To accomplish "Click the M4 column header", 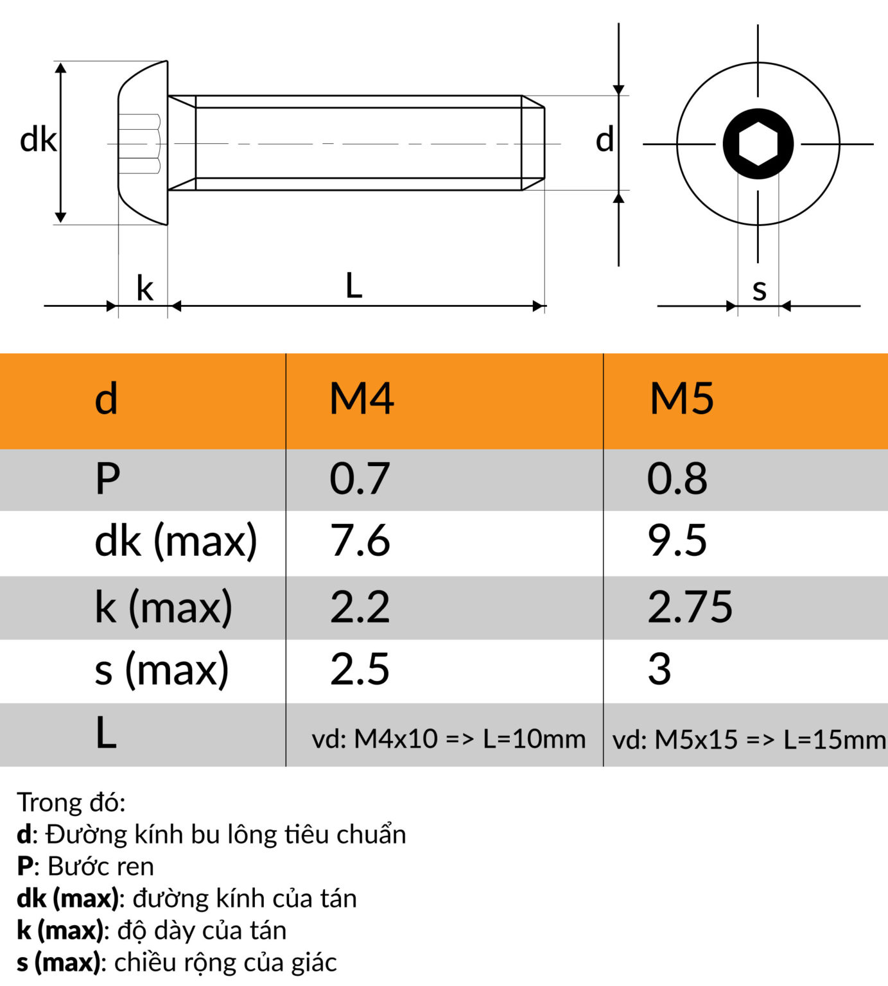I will (x=361, y=399).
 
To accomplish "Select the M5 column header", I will (x=681, y=399).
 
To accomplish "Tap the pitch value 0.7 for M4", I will (x=360, y=479).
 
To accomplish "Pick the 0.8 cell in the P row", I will (x=677, y=479).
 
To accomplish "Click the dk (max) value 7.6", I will (x=360, y=541).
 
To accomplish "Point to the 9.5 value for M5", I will (x=677, y=541).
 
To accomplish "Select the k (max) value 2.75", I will (x=690, y=607).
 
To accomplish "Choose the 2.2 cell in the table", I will (x=360, y=607).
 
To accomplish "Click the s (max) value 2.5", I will (x=360, y=669).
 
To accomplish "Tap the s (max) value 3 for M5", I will (x=659, y=669).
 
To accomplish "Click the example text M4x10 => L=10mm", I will (x=448, y=739).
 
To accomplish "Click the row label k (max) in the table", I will (x=163, y=607).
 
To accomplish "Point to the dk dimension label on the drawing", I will (x=38, y=140).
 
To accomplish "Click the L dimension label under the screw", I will (x=354, y=286).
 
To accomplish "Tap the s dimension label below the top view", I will (x=759, y=290).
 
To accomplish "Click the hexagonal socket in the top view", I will (x=758, y=144).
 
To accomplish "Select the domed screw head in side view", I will (x=143, y=143).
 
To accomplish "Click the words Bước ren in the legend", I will (x=101, y=867).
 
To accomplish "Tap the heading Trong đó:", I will (x=71, y=802).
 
